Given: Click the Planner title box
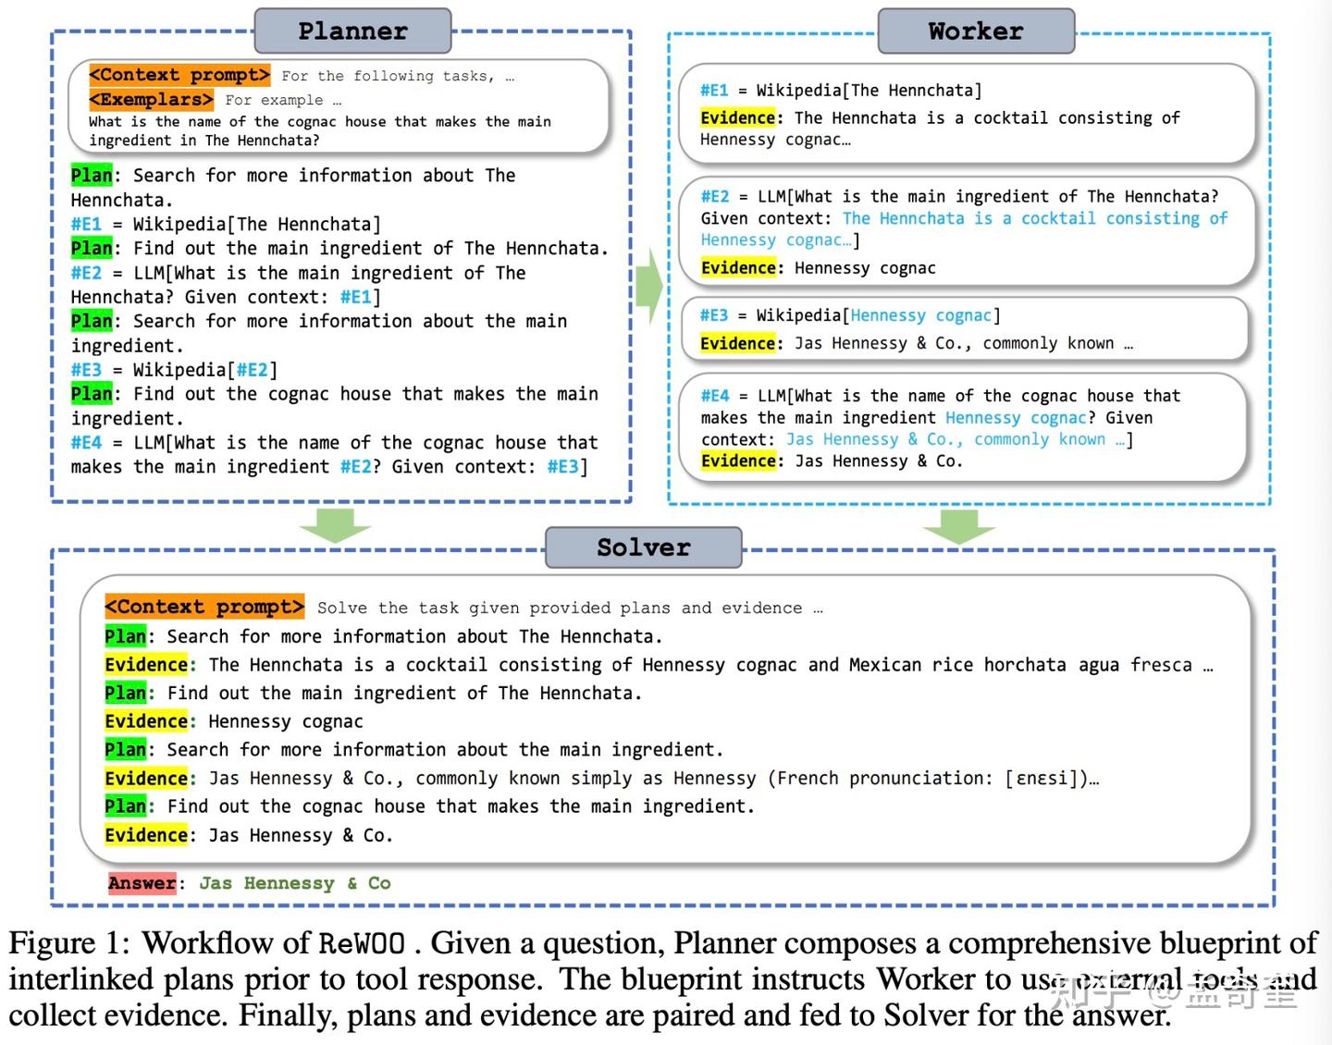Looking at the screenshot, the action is (x=352, y=31).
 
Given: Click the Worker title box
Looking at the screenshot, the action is (x=976, y=31).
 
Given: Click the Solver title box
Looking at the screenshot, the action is (x=644, y=547).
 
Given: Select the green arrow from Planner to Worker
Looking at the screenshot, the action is (x=648, y=286).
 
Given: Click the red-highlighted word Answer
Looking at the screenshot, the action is (x=142, y=883).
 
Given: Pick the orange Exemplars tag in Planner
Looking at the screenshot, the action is (x=151, y=99).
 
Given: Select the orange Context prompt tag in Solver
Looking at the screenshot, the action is (x=204, y=607).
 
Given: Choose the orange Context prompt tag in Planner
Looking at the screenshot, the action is (x=179, y=75).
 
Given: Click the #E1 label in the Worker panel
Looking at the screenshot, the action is (x=714, y=91).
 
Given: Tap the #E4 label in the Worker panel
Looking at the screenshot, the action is (x=715, y=396).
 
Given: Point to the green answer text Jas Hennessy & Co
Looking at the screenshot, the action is (x=295, y=883).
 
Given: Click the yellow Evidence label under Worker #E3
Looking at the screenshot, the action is (x=738, y=343).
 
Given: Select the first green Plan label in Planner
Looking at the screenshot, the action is (x=92, y=175).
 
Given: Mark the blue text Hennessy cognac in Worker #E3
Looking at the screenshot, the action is (x=920, y=315).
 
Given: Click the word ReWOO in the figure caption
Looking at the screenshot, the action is (x=362, y=943).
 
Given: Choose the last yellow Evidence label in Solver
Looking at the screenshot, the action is (x=146, y=835).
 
